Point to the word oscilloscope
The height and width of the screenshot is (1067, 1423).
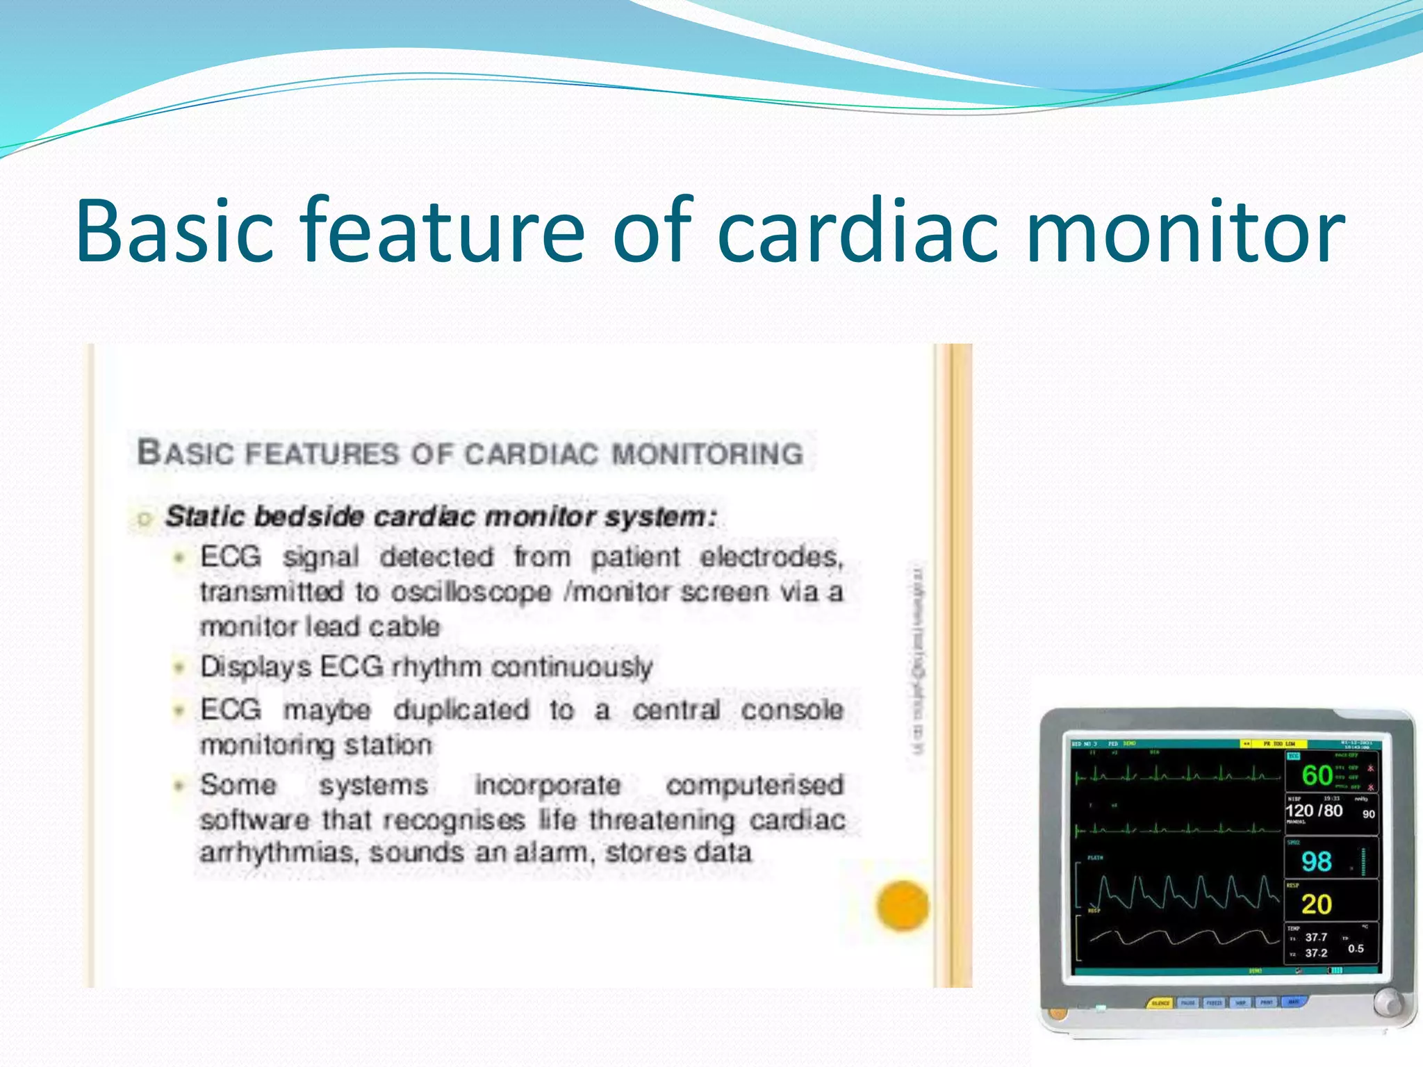tap(471, 593)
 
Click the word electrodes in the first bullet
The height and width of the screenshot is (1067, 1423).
tap(771, 557)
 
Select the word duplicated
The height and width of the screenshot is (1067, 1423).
tap(461, 711)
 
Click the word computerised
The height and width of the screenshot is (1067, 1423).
tap(755, 785)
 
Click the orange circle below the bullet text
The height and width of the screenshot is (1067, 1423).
tap(902, 904)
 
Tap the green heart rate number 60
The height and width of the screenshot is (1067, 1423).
tap(1317, 775)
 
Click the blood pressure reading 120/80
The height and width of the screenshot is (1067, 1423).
tap(1314, 811)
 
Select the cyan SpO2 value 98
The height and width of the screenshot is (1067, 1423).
tap(1316, 862)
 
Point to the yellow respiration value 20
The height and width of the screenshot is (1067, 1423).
tap(1316, 904)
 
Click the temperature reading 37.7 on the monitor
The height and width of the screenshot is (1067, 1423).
tap(1315, 937)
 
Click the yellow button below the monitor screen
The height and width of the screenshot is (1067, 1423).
tap(1160, 1003)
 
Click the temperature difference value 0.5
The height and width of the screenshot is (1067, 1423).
tap(1356, 948)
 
